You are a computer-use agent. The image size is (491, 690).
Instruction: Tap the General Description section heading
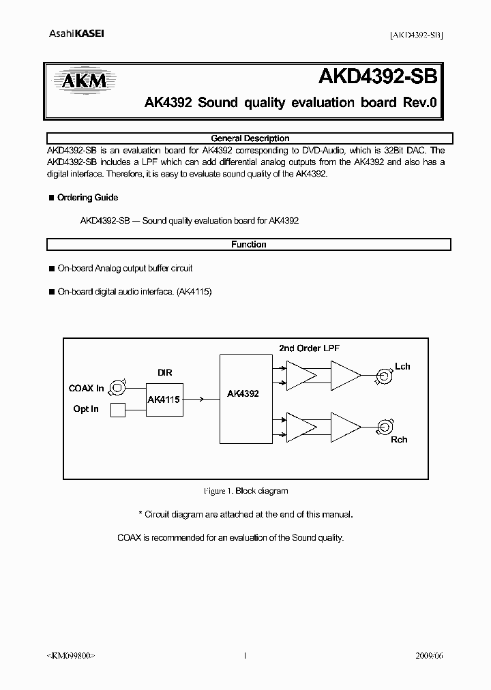point(250,138)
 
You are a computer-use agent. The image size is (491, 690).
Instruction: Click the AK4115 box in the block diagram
point(164,400)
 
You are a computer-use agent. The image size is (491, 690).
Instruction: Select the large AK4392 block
point(243,393)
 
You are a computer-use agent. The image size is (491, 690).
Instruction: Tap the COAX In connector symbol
point(118,388)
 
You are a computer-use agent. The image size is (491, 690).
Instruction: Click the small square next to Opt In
point(118,410)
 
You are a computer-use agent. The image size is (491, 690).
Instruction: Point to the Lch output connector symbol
point(382,374)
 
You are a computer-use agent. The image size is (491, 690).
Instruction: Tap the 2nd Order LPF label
point(309,348)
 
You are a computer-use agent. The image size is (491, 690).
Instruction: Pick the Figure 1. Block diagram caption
point(245,491)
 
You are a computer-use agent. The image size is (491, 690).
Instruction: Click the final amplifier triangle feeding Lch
point(344,374)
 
